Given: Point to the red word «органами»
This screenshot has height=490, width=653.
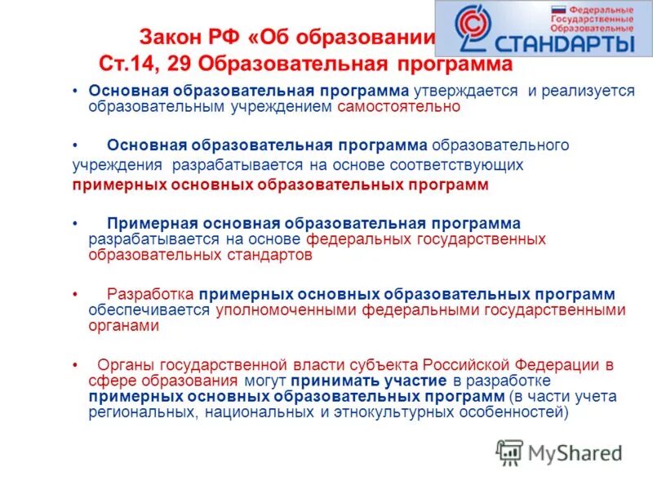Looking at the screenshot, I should click(x=122, y=325).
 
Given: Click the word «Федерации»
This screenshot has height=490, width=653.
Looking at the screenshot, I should click(x=556, y=364).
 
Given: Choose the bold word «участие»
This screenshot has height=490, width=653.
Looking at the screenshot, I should click(x=417, y=381).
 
